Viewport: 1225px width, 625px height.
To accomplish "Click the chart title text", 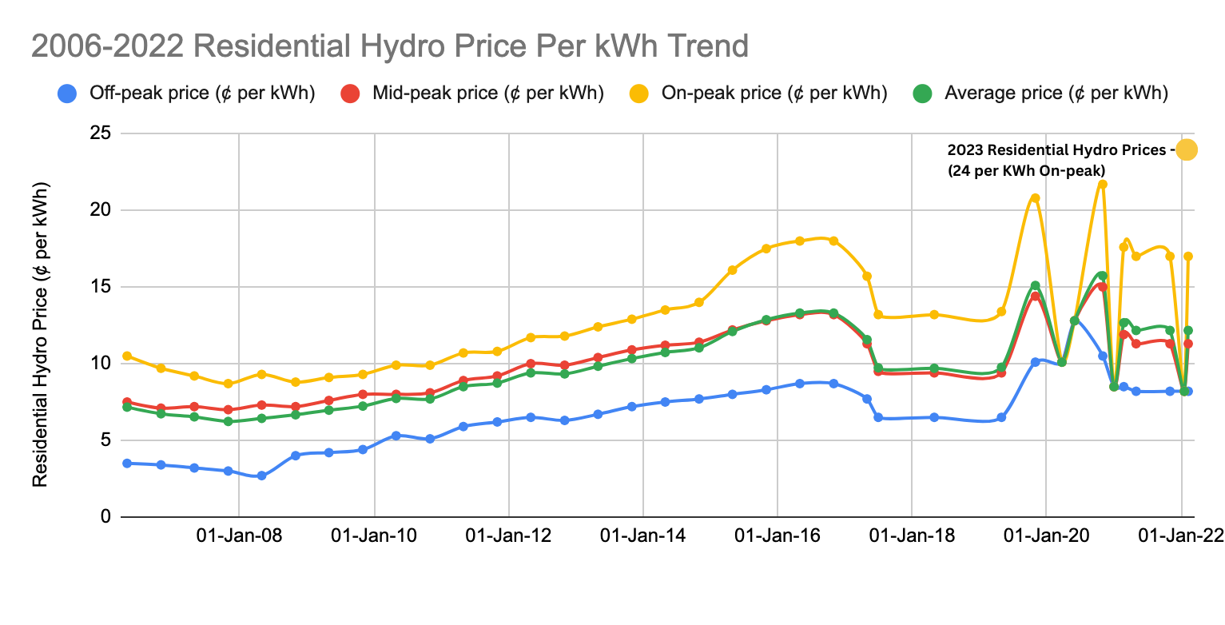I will click(389, 46).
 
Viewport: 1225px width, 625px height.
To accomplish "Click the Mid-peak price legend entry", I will click(472, 94).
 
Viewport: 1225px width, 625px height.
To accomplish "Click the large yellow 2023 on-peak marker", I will click(1186, 149).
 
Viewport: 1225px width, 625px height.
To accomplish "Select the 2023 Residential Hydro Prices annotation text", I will click(1060, 159).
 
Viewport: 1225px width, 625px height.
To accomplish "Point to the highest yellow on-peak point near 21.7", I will click(1102, 185).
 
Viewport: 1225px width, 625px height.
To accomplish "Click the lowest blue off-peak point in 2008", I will click(261, 476).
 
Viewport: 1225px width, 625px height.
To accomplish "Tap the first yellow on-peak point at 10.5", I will click(127, 356).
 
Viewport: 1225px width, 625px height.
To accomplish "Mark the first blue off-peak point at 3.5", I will click(127, 464).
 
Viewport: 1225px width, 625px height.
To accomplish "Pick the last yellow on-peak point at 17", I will click(1188, 257).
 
